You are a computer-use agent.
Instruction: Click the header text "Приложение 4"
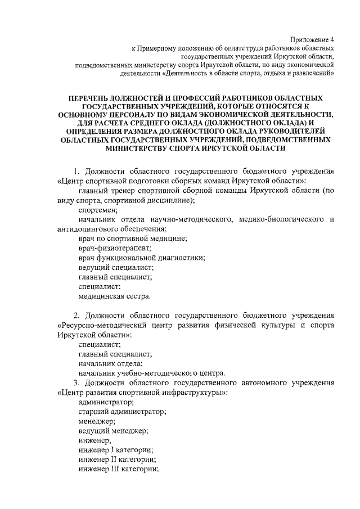(x=312, y=39)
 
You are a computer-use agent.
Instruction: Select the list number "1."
(x=78, y=171)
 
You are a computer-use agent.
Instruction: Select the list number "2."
(x=78, y=315)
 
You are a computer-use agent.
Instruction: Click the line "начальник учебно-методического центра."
(x=152, y=373)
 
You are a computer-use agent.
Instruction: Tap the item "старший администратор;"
(x=122, y=412)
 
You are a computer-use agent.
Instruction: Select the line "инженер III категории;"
(x=119, y=469)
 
